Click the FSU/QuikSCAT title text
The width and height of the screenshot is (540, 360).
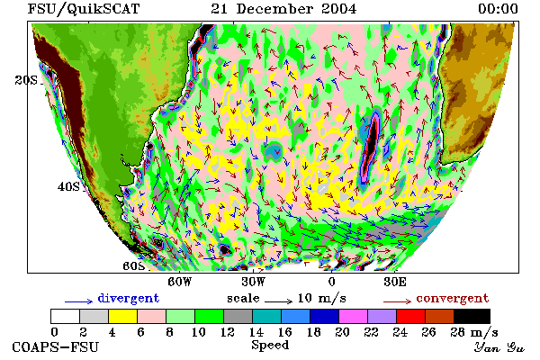pyautogui.click(x=84, y=9)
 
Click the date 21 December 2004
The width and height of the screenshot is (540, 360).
pyautogui.click(x=283, y=9)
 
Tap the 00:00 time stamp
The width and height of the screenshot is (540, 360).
pyautogui.click(x=498, y=9)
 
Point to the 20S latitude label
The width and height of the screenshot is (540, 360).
pyautogui.click(x=26, y=80)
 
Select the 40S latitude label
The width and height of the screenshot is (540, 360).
pyautogui.click(x=68, y=186)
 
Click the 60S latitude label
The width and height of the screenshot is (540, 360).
pyautogui.click(x=133, y=266)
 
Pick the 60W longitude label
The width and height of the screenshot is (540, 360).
pyautogui.click(x=179, y=282)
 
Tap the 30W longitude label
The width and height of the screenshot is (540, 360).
pyautogui.click(x=253, y=282)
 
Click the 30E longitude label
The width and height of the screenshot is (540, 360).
pyautogui.click(x=395, y=282)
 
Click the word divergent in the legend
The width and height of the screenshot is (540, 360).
pyautogui.click(x=129, y=298)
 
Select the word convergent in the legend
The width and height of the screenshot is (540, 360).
pyautogui.click(x=453, y=298)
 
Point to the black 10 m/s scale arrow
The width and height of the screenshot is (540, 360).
pyautogui.click(x=279, y=301)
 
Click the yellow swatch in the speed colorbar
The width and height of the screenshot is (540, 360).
pyautogui.click(x=122, y=316)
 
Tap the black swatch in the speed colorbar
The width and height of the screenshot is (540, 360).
pyautogui.click(x=472, y=316)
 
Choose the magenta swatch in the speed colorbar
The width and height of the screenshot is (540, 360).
pyautogui.click(x=353, y=316)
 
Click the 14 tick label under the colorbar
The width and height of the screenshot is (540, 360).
pyautogui.click(x=256, y=332)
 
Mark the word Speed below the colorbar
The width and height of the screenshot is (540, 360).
pyautogui.click(x=270, y=346)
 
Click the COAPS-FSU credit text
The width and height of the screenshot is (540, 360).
pyautogui.click(x=56, y=346)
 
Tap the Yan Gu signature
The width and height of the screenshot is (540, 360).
pyautogui.click(x=499, y=347)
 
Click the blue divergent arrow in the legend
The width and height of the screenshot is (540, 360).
pyautogui.click(x=79, y=301)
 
